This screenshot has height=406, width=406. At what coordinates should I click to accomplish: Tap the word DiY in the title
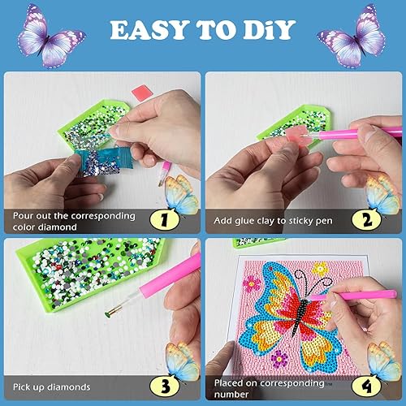tap(274, 30)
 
